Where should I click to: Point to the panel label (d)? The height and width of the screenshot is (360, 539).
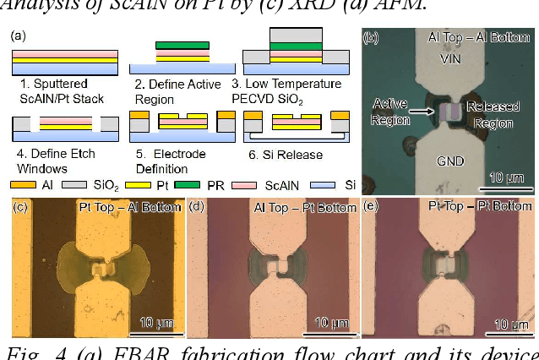click(199, 206)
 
